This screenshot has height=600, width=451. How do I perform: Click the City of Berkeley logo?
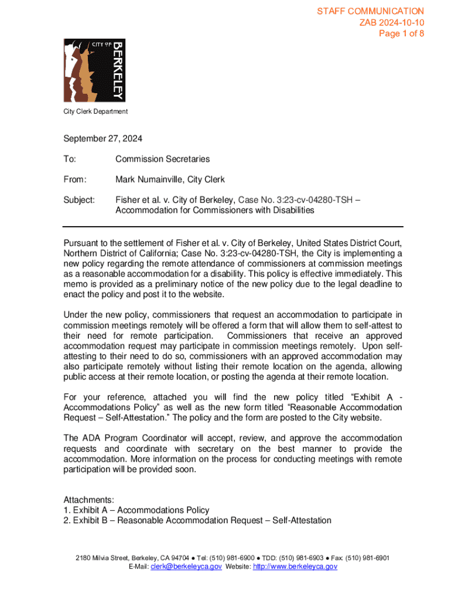pos(94,70)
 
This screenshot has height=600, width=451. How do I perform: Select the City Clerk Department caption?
pos(95,111)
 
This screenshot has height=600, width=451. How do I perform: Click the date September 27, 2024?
pos(102,139)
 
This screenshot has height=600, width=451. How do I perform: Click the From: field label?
pos(74,179)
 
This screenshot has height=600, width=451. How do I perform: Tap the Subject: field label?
pos(79,200)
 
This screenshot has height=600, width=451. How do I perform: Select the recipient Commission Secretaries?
pos(162,159)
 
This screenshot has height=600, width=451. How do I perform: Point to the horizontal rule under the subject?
pos(233,226)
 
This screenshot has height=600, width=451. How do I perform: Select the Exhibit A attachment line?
pos(136,510)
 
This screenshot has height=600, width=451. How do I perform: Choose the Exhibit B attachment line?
pos(197,520)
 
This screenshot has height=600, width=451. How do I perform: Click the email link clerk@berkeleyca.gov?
pos(186,567)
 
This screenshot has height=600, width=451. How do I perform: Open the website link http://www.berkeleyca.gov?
pos(295,567)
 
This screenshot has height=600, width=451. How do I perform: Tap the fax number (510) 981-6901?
pos(368,558)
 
